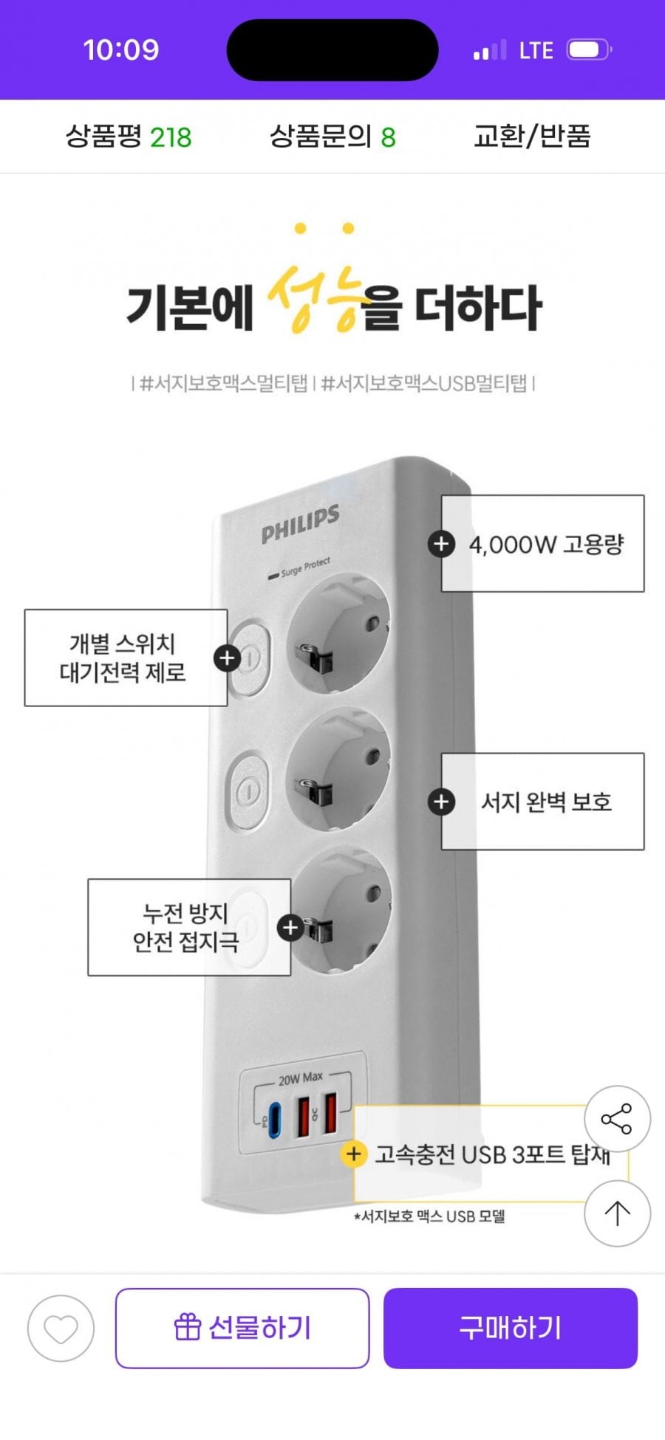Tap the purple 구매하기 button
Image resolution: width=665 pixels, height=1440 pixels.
(510, 1328)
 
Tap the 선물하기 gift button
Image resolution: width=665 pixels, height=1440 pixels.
(242, 1328)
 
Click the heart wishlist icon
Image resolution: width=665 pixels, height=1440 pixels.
(61, 1329)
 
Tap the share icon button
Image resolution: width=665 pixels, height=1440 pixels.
(617, 1119)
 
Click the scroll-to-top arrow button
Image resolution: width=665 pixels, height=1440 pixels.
(617, 1213)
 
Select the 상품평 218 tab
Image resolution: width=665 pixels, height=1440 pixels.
(129, 137)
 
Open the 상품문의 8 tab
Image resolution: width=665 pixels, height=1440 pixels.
(332, 137)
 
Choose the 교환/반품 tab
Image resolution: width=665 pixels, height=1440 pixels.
(532, 137)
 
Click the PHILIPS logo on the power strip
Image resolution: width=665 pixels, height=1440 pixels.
(300, 523)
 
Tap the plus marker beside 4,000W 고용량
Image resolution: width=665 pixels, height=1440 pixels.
(441, 544)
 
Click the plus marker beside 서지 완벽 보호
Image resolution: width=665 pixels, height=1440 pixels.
(441, 802)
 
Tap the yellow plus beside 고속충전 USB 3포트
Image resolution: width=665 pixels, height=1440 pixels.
(353, 1154)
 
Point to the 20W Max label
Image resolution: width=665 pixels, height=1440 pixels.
(300, 1078)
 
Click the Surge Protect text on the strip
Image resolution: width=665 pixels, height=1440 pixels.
(304, 567)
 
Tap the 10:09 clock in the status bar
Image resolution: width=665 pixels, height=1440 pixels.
(121, 49)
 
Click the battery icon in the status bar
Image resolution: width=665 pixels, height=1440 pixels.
(589, 49)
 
